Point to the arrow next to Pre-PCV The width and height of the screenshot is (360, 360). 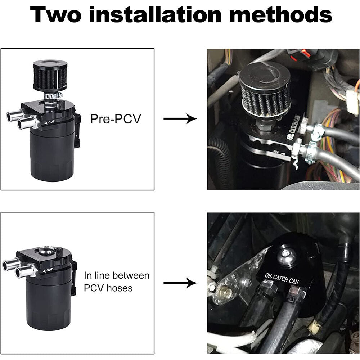click(x=180, y=119)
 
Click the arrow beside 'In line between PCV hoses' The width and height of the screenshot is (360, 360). click(x=180, y=283)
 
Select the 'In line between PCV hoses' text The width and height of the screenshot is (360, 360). click(x=116, y=282)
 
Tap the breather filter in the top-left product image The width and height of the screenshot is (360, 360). click(x=50, y=77)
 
